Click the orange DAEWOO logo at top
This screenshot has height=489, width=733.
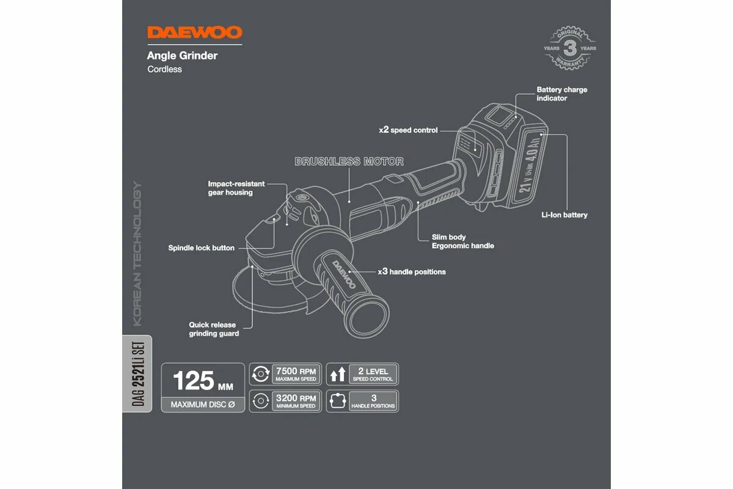194,32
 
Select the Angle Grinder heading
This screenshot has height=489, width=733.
182,56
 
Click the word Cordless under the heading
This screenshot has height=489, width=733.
164,69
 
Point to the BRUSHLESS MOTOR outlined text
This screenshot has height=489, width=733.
349,161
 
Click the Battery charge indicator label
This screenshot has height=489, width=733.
561,94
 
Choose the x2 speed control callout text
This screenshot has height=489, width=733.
408,130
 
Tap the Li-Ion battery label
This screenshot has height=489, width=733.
564,215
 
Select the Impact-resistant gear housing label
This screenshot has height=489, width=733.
237,188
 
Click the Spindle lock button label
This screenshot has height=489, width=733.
201,248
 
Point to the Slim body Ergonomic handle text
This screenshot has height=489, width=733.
462,241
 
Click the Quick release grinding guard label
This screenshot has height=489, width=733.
214,329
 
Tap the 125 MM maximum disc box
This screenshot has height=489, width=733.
203,388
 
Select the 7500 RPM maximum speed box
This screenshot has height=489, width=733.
286,374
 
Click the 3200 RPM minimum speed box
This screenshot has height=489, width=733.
286,401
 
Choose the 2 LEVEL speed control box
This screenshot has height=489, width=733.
362,374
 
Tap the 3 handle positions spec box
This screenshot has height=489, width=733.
362,401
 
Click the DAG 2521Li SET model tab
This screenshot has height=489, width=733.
137,373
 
